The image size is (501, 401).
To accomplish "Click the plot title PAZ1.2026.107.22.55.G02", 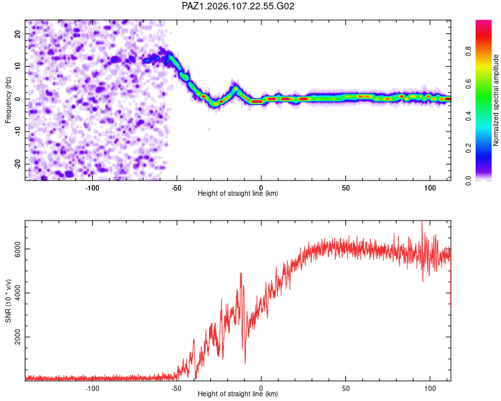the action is (238, 6).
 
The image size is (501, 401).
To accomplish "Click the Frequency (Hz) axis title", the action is (8, 100).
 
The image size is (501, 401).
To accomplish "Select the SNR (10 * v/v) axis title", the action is (8, 301).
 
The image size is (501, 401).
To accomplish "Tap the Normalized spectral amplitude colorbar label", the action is (496, 100).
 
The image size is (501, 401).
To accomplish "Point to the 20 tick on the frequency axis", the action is (17, 33).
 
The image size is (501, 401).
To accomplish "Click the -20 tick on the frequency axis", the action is (17, 164).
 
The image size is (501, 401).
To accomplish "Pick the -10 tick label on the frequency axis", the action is (17, 131).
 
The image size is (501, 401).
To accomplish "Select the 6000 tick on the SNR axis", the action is (17, 249).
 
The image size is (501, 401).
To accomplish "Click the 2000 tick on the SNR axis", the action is (17, 337).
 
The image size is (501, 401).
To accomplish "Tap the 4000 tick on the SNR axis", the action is (17, 293).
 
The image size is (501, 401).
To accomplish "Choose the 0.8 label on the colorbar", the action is (468, 51).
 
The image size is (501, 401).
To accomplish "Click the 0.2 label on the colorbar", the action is (468, 148).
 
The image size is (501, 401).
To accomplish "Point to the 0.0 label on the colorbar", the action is (468, 180).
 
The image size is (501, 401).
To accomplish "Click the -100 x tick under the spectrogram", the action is (92, 188).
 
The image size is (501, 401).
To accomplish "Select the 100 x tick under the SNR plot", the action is (430, 388).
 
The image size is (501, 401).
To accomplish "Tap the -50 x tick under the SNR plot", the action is (176, 388).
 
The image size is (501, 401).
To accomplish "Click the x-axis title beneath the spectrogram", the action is (238, 193).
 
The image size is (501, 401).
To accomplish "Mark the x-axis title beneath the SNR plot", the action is (238, 394).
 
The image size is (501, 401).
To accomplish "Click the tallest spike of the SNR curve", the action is (422, 222).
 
